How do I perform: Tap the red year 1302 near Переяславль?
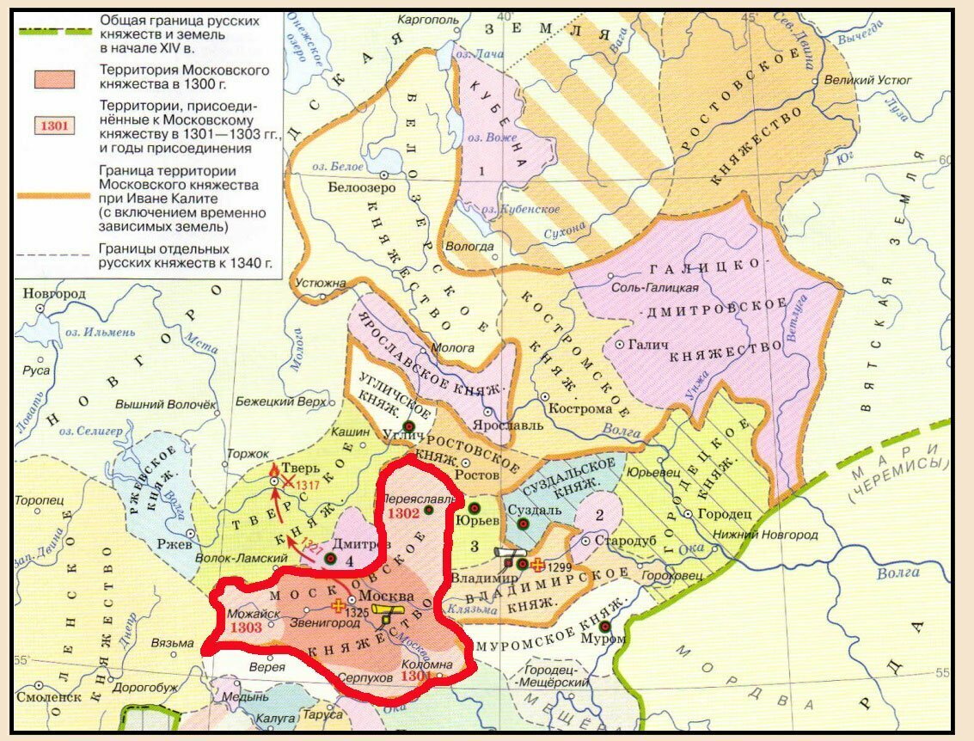point(403,512)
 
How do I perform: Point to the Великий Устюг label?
point(867,80)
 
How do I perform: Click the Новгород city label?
point(54,294)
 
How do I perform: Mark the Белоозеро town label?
point(355,186)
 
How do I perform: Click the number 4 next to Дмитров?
point(350,560)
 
